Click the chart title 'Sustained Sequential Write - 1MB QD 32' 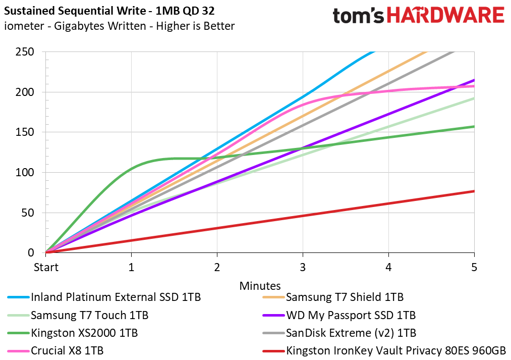click(109, 11)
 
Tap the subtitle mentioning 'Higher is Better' click(119, 26)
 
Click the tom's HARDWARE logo click(419, 15)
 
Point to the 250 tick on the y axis click(25, 52)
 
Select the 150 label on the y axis click(25, 132)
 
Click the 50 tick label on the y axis click(28, 213)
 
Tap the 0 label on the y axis click(31, 253)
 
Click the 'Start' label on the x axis click(46, 268)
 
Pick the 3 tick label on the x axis click(303, 268)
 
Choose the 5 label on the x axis click(474, 268)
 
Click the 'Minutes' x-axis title click(260, 286)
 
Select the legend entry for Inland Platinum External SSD click(104, 297)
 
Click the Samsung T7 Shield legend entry click(333, 297)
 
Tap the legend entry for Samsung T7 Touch click(78, 316)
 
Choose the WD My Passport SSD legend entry click(339, 316)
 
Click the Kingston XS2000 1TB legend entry click(73, 333)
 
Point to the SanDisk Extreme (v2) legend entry click(339, 333)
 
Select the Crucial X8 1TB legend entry click(55, 351)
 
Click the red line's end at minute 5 click(474, 191)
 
